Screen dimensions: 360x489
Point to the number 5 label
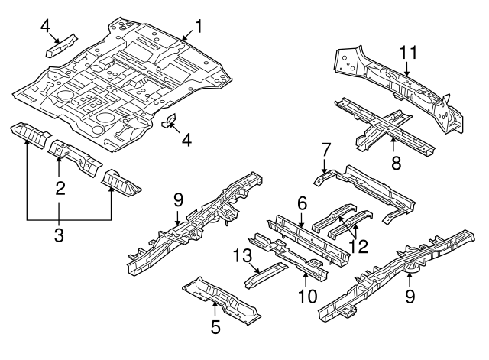(x=215, y=327)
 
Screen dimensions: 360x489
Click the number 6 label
(x=301, y=203)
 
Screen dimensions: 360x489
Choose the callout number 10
(x=306, y=294)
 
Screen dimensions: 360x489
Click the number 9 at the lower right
(x=410, y=294)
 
